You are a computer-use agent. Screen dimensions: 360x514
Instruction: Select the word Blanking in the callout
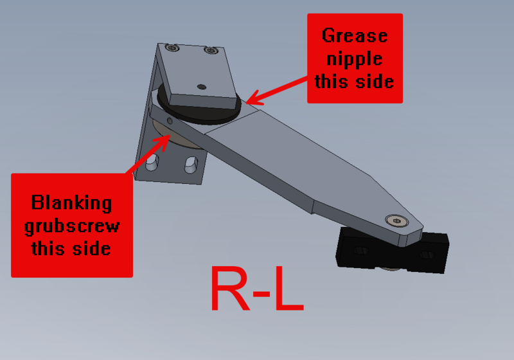pyautogui.click(x=71, y=204)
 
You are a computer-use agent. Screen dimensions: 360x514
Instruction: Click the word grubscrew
pyautogui.click(x=71, y=226)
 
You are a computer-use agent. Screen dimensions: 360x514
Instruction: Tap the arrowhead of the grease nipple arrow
pyautogui.click(x=249, y=102)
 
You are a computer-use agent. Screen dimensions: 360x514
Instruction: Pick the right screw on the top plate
pyautogui.click(x=209, y=50)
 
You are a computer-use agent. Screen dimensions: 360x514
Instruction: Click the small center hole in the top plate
pyautogui.click(x=201, y=87)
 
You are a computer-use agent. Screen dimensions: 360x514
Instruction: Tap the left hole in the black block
pyautogui.click(x=360, y=251)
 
